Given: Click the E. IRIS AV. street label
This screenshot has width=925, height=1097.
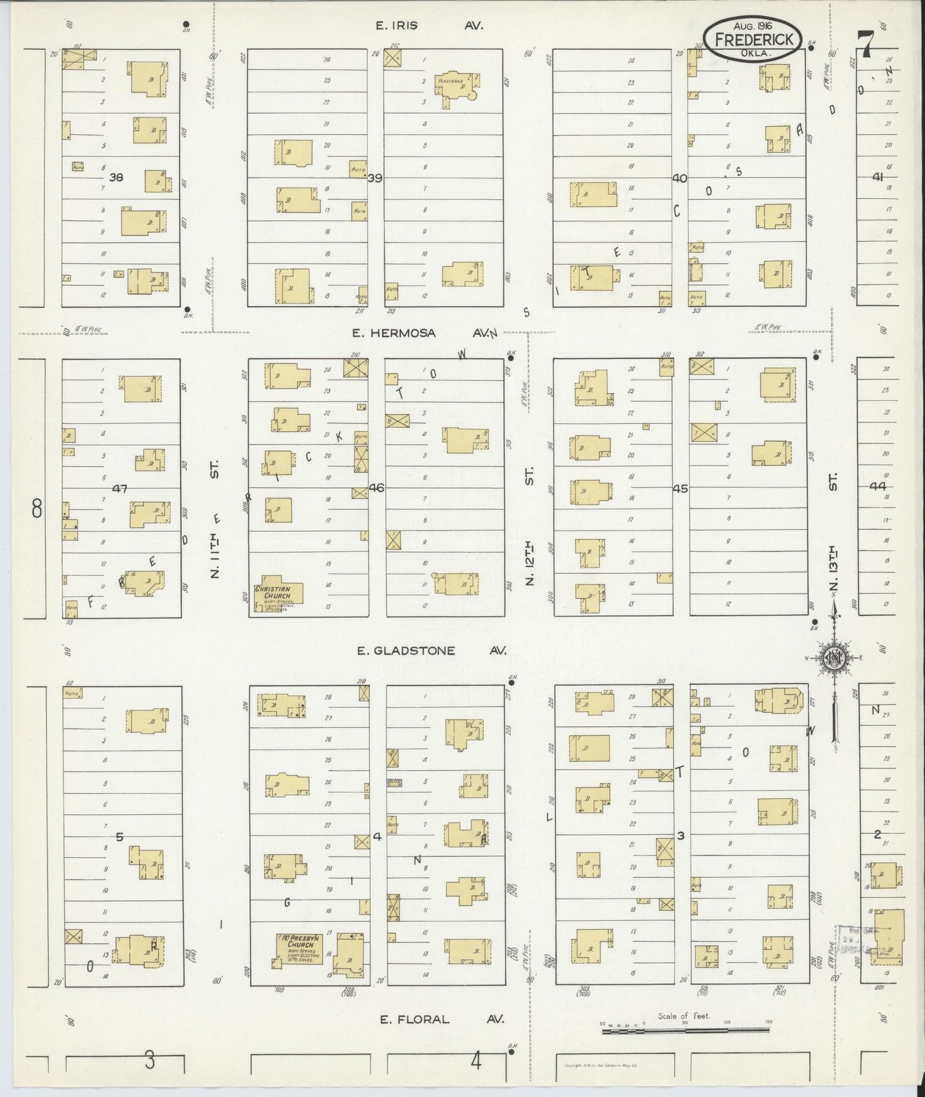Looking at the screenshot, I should (x=429, y=26).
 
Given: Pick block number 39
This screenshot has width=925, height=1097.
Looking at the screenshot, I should (x=374, y=178).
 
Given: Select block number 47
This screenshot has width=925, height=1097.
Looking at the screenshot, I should (x=120, y=488).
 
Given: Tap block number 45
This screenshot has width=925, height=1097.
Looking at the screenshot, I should (x=680, y=488).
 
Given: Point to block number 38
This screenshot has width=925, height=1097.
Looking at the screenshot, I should (x=116, y=177).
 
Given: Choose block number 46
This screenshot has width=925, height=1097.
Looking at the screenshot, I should (x=376, y=488).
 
